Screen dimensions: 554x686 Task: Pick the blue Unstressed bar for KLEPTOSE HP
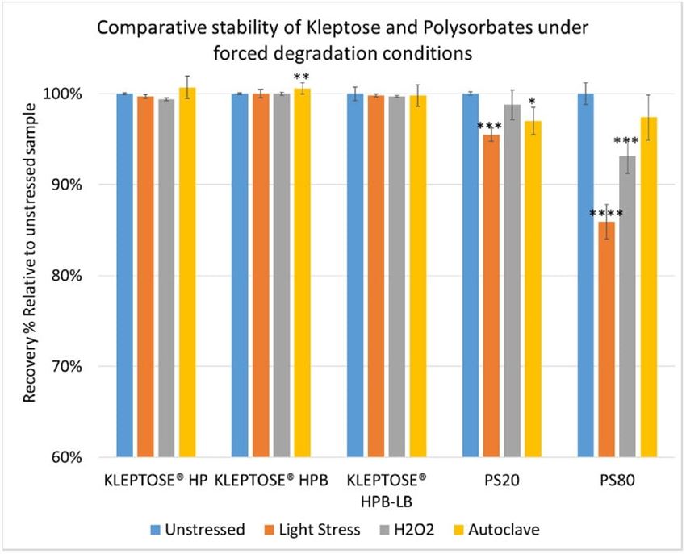[x=124, y=275]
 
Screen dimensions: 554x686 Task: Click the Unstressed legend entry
[x=199, y=529]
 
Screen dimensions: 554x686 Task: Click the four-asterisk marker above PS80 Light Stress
[x=606, y=215]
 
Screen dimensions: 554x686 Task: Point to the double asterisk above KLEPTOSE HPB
[x=301, y=77]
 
